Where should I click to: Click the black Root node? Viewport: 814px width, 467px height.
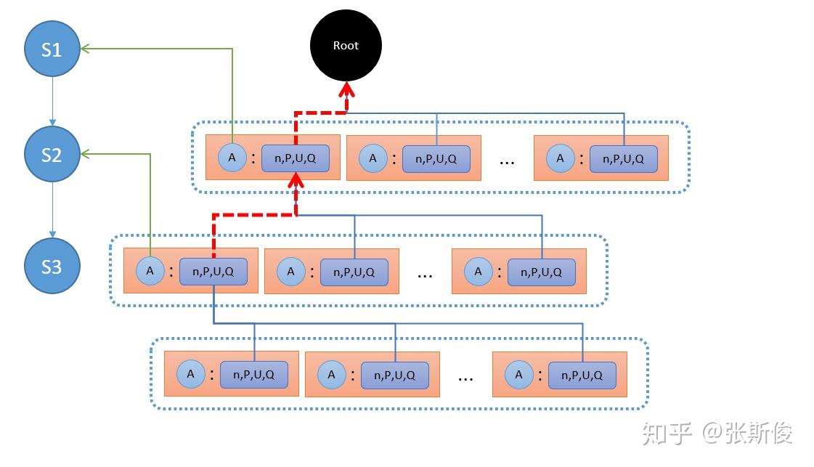coord(346,46)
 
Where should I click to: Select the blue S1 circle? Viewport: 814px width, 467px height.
coord(52,49)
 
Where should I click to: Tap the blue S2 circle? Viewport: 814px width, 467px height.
coord(52,155)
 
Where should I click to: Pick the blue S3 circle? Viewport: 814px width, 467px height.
coord(52,267)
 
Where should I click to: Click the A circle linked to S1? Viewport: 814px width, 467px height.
coord(232,158)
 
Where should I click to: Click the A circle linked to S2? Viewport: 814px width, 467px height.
coord(150,271)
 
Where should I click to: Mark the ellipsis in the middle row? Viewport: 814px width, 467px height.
coord(425,275)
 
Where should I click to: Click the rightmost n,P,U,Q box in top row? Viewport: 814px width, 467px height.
coord(623,158)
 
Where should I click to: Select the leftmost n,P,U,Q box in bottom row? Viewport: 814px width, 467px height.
coord(254,375)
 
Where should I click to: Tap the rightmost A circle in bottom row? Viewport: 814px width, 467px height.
coord(518,375)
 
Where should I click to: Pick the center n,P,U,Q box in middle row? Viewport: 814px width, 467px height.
coord(354,272)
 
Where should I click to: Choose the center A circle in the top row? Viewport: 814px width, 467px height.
coord(373,158)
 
